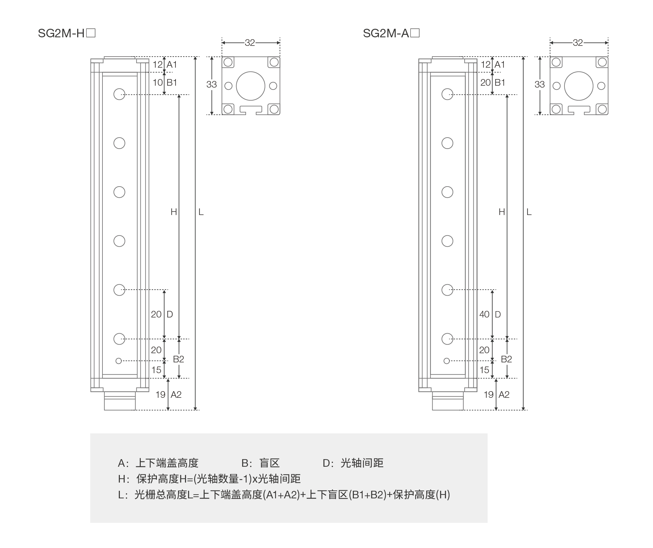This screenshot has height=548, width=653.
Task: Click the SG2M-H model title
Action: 66,33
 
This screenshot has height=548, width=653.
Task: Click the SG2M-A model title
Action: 391,33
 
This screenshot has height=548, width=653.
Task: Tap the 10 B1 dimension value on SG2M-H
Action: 157,83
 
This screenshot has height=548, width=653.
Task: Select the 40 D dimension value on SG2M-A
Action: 484,314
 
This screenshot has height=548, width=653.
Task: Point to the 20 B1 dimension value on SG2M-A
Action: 485,83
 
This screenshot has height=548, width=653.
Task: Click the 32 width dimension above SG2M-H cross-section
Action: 250,43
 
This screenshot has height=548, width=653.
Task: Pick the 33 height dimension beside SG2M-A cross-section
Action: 539,84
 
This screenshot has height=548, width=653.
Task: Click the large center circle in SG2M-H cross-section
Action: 250,86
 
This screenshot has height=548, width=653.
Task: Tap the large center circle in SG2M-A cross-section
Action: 579,86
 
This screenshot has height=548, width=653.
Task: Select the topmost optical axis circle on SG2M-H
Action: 119,94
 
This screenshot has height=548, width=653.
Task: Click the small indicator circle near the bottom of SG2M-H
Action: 119,361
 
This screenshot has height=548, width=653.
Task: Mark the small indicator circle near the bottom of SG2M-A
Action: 447,361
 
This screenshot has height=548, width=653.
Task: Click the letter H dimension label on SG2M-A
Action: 502,212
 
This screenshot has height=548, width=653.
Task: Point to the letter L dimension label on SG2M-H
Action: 201,212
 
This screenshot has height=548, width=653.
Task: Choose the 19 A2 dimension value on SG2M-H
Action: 161,395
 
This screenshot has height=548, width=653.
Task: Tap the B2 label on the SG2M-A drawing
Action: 506,359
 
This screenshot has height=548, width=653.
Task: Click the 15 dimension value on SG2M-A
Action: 484,370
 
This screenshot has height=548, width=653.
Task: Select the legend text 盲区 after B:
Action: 269,463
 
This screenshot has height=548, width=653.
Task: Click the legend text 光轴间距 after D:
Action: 362,463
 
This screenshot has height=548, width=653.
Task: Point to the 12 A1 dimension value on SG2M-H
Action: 157,65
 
